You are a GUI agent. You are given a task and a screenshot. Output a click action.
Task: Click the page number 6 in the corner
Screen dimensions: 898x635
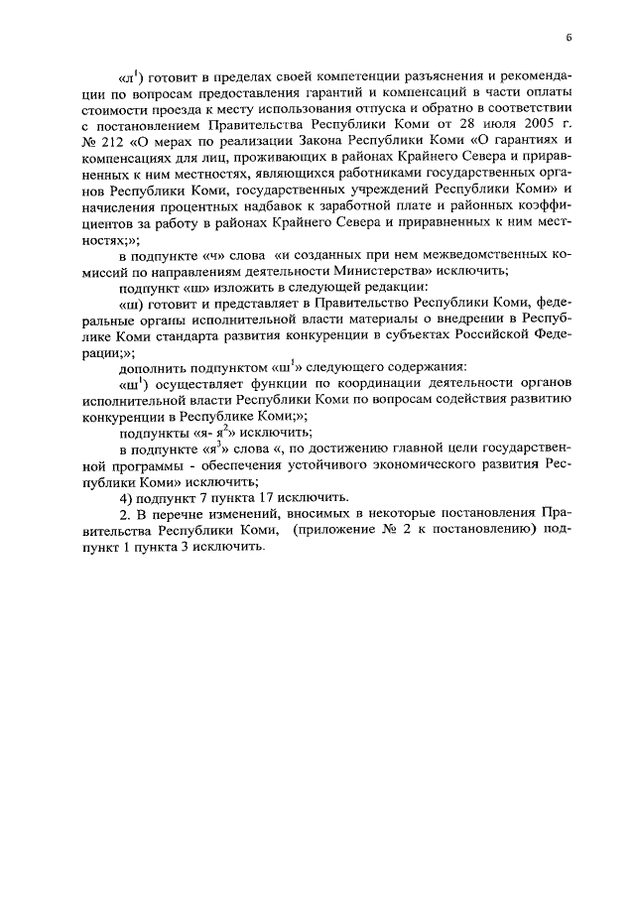570,39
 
